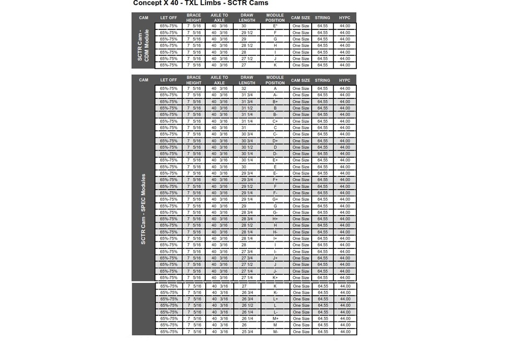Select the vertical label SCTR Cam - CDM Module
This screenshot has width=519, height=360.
point(143,46)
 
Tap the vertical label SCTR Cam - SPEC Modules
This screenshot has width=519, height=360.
point(143,209)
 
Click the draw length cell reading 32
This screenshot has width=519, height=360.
point(244,89)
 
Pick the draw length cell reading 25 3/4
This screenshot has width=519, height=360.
point(247,332)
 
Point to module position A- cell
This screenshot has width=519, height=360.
point(275,95)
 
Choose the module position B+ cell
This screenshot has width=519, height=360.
point(275,102)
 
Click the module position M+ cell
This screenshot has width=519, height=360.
point(275,319)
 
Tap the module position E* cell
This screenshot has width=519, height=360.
point(275,26)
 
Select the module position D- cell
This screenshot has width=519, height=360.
point(275,154)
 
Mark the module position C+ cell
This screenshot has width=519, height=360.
point(275,121)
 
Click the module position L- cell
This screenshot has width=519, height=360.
point(275,312)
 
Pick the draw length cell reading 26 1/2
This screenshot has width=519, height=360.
point(247,306)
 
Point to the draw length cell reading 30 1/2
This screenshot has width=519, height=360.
point(247,148)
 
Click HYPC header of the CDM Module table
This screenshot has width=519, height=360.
point(345,18)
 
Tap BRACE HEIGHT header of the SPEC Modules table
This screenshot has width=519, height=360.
point(194,80)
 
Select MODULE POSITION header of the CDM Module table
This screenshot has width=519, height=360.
point(275,18)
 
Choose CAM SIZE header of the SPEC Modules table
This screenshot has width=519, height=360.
point(301,80)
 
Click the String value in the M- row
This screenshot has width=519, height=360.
point(322,332)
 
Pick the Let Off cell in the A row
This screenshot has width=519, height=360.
point(169,89)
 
